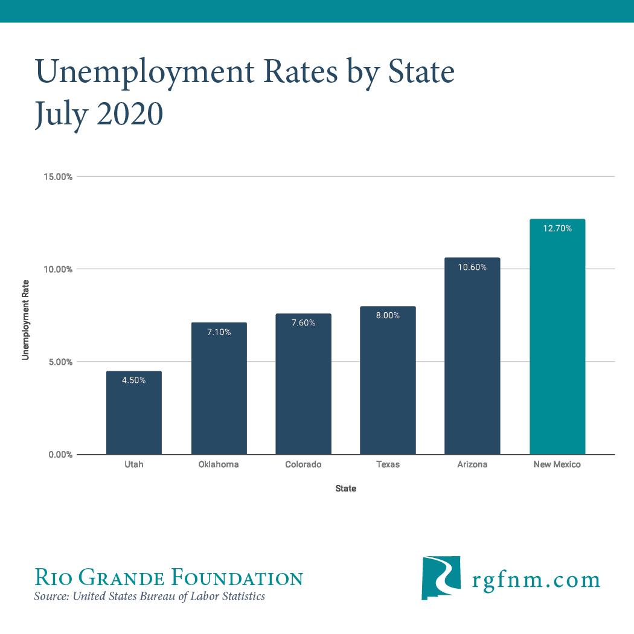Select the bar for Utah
[x=134, y=417]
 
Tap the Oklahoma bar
[x=219, y=392]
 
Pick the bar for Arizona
[x=472, y=362]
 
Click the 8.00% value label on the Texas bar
[x=388, y=315]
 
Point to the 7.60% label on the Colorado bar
[x=303, y=322]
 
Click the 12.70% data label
[x=557, y=228]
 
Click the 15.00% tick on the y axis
[x=58, y=177]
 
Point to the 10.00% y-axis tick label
[x=58, y=269]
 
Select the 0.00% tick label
[x=60, y=455]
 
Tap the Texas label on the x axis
[x=388, y=464]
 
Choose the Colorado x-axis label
[x=303, y=464]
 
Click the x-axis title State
[x=346, y=488]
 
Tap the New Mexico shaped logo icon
[x=441, y=578]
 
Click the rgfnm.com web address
[x=535, y=580]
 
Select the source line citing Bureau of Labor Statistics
[x=150, y=597]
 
